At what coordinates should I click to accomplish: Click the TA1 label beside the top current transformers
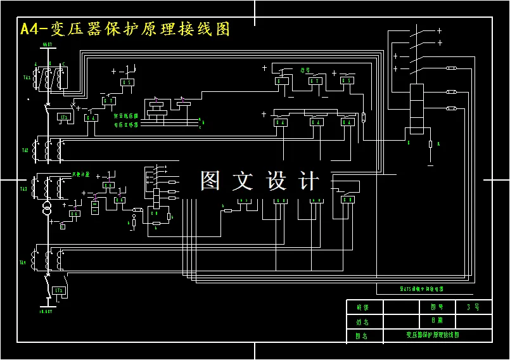(x=27, y=78)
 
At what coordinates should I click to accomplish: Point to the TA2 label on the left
(x=25, y=150)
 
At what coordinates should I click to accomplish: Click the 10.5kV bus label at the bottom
(x=46, y=312)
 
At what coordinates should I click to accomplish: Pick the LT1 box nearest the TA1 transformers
(x=63, y=117)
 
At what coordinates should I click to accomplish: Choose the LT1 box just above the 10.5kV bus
(x=59, y=290)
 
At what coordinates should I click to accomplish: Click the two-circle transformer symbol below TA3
(x=46, y=209)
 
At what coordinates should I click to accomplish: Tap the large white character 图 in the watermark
(x=211, y=181)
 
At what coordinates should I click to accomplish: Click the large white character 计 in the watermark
(x=309, y=181)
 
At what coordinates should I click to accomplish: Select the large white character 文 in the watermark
(x=243, y=181)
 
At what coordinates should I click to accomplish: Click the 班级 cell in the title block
(x=362, y=307)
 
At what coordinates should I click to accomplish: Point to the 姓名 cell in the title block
(x=362, y=321)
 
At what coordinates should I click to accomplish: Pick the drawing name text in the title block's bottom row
(x=432, y=335)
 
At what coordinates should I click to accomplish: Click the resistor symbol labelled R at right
(x=430, y=145)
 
